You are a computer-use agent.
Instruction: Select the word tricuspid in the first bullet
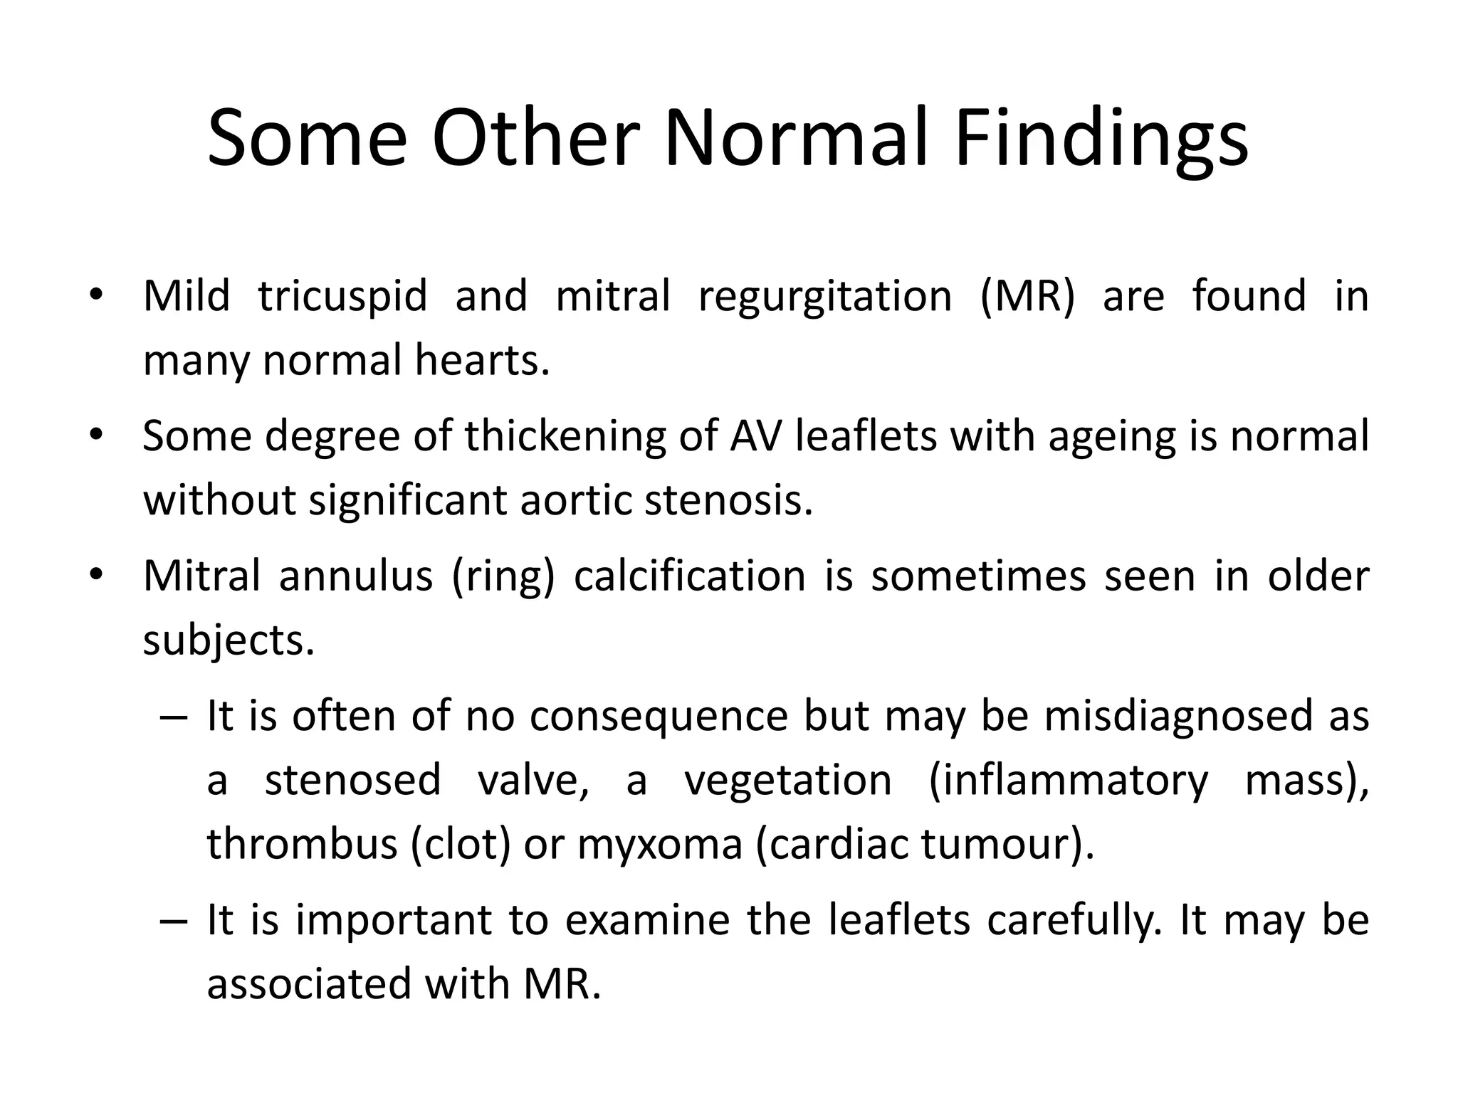click(342, 296)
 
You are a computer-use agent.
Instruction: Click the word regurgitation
click(825, 297)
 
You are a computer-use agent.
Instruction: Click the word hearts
click(482, 360)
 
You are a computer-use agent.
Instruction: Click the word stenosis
click(728, 500)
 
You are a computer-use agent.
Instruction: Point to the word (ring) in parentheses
click(503, 576)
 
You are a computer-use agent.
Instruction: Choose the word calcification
click(690, 575)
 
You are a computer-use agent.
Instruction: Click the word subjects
click(229, 641)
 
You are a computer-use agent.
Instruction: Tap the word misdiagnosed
click(1178, 715)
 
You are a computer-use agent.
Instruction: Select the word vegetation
click(788, 781)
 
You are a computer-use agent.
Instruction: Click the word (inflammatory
click(1068, 781)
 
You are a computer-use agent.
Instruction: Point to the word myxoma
click(660, 845)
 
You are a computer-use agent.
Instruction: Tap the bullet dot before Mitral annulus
click(97, 574)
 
